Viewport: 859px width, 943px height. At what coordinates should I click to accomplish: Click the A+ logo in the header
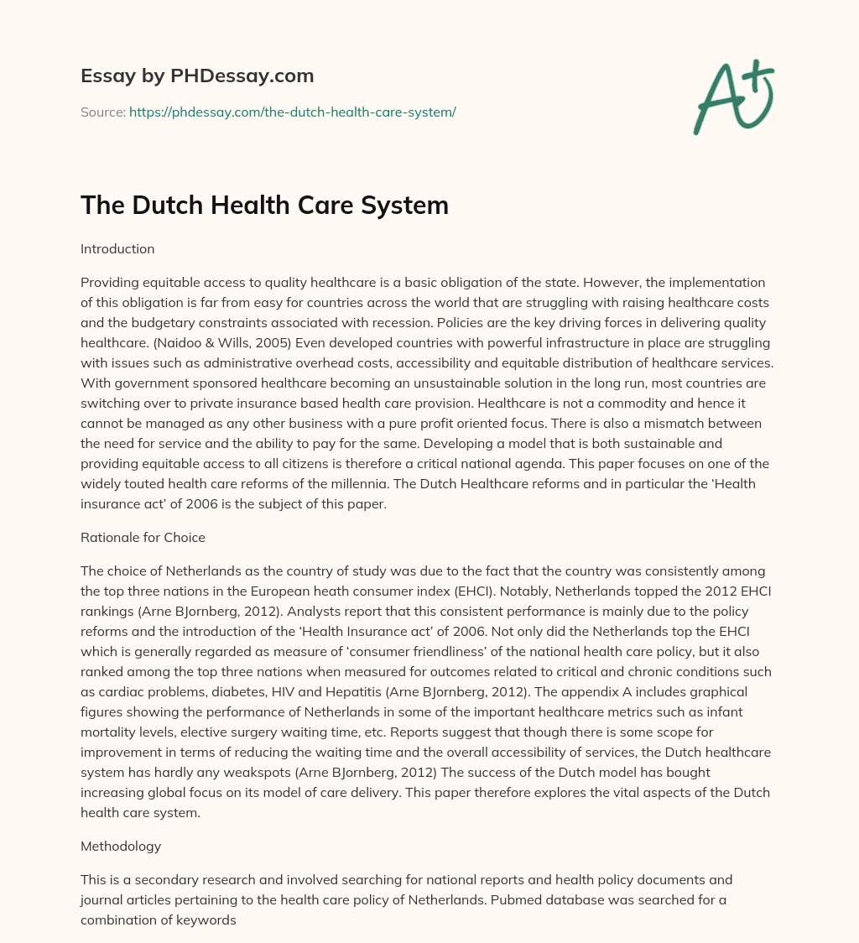pos(733,96)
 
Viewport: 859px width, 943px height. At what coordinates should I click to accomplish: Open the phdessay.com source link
pos(292,112)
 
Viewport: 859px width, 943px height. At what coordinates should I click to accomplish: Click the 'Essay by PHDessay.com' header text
pos(197,76)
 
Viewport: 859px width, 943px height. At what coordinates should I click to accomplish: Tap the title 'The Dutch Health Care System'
pos(264,205)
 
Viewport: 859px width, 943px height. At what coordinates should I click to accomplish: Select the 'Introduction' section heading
pos(117,249)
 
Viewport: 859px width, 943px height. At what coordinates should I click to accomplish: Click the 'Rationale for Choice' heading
pos(143,538)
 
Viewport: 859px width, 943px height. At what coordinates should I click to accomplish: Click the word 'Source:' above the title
pos(103,112)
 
